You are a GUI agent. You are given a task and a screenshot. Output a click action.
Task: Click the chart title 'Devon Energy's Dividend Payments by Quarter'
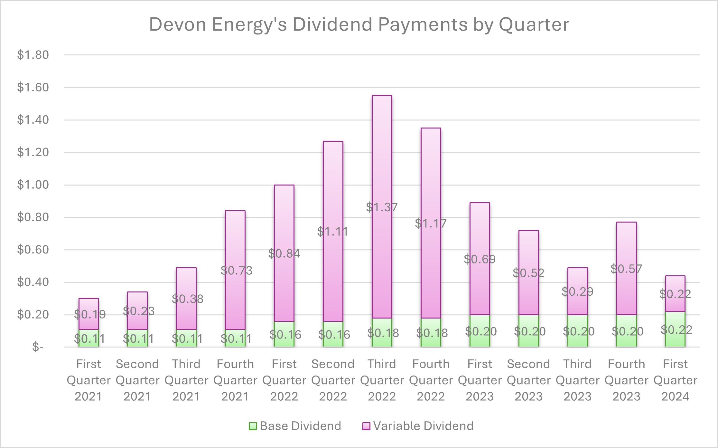tap(359, 24)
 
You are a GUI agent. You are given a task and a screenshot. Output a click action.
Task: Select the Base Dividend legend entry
tap(295, 426)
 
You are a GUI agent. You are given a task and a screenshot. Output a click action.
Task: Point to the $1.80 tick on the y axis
tap(33, 55)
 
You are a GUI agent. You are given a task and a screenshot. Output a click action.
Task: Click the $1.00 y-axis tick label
tap(33, 185)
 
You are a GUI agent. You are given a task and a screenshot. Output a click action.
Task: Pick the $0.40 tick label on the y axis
tap(33, 282)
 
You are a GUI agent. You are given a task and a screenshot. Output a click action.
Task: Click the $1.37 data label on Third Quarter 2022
tap(382, 207)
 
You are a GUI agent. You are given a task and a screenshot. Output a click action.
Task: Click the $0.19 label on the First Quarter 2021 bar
tap(90, 314)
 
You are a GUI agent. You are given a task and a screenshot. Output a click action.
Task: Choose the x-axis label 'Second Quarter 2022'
tap(333, 380)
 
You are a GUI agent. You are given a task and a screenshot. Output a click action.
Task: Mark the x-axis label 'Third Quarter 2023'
tap(577, 380)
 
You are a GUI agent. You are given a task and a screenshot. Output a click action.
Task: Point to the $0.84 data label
tap(284, 254)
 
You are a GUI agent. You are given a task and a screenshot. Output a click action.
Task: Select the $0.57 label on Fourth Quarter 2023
tap(626, 269)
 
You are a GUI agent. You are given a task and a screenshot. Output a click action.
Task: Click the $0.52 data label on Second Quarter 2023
tap(528, 273)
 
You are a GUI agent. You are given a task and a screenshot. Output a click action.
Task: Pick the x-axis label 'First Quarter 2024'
tap(675, 380)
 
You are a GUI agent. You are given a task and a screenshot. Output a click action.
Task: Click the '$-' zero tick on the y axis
tap(38, 347)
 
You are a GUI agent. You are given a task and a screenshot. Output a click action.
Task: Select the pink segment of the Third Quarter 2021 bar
tap(186, 283)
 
